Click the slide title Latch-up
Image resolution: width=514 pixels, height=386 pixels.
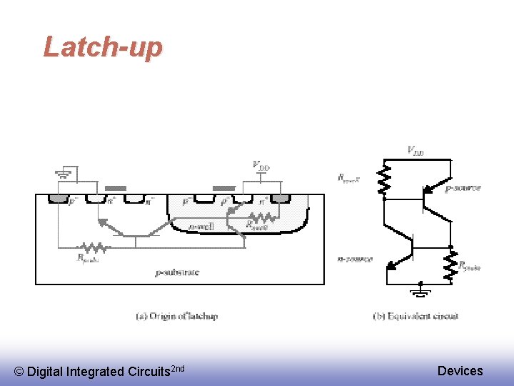[x=103, y=47]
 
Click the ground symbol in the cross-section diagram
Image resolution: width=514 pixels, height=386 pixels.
[x=64, y=174]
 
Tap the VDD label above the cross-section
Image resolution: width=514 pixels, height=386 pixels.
[x=261, y=166]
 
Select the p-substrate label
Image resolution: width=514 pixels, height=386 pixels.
[x=177, y=272]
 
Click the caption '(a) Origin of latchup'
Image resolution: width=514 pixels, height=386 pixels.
[x=177, y=316]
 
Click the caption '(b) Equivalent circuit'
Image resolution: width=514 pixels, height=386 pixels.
[x=415, y=316]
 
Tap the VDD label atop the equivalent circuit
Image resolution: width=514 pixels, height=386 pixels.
[x=415, y=150]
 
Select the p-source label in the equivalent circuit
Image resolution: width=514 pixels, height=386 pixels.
[x=463, y=189]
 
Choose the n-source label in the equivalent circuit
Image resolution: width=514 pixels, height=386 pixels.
[x=355, y=259]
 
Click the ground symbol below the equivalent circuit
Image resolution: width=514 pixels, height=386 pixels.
[x=421, y=291]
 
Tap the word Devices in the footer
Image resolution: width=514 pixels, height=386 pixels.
[x=460, y=370]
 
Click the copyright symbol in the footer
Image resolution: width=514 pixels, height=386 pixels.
[x=19, y=372]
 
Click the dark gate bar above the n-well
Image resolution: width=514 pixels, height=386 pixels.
[x=224, y=188]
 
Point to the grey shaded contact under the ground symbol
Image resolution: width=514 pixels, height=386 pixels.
[x=57, y=198]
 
